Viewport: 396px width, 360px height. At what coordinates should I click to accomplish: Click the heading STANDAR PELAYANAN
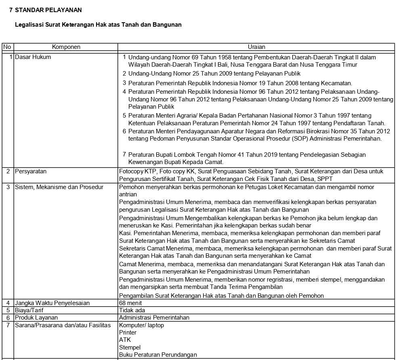tap(48, 10)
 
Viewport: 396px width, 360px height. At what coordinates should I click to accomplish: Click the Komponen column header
tap(66, 47)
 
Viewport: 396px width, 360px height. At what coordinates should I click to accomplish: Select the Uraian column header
tap(256, 47)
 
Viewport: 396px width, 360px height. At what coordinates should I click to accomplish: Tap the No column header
tap(7, 47)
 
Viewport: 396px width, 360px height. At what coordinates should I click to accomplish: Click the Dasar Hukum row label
tap(33, 57)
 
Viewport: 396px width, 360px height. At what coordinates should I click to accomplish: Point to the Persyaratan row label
tap(31, 171)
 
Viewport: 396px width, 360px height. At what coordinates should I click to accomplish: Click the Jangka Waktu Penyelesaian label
tap(52, 303)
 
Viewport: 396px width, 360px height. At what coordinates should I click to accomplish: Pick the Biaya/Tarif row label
tap(29, 310)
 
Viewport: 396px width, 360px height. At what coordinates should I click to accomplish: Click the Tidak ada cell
tap(132, 310)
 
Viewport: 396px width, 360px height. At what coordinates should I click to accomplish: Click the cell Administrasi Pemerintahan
tap(154, 318)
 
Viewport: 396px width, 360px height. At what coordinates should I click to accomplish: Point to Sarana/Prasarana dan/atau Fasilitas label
tap(63, 325)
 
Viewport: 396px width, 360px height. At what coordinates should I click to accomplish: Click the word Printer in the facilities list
tap(128, 333)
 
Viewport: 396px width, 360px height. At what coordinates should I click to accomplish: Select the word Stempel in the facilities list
tap(130, 347)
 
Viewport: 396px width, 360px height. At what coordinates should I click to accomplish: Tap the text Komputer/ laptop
tap(141, 325)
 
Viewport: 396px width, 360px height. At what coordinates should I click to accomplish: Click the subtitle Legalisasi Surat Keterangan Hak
tap(98, 25)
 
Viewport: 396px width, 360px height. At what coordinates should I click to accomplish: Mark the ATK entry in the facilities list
tap(125, 340)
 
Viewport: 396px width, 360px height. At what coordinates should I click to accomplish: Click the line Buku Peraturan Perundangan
tap(158, 355)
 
